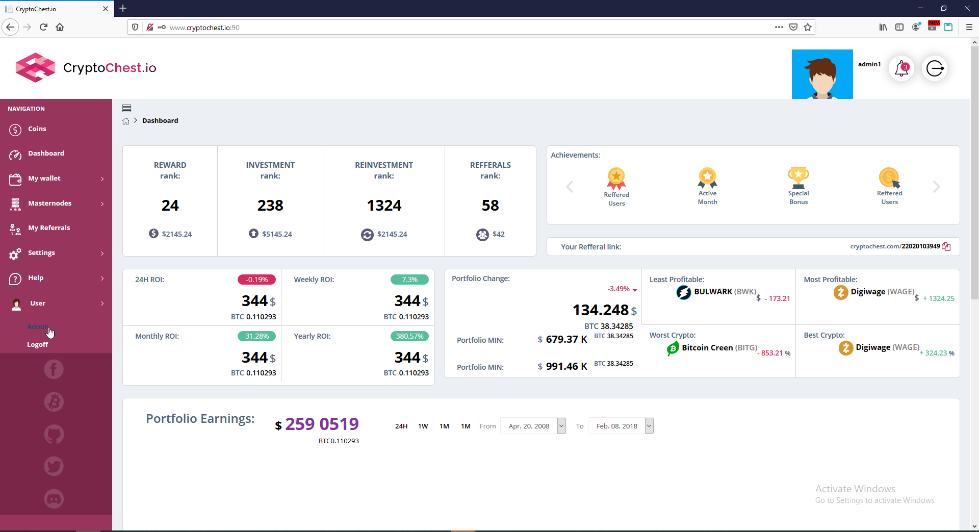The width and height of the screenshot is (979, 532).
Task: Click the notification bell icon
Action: [x=901, y=68]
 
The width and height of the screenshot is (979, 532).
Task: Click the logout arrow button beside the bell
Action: [x=935, y=68]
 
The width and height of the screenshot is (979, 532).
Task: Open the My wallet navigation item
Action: [x=44, y=179]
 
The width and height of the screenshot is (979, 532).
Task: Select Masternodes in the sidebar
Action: [x=49, y=204]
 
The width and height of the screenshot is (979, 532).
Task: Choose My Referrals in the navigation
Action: [x=49, y=228]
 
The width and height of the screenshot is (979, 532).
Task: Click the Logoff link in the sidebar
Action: [x=37, y=345]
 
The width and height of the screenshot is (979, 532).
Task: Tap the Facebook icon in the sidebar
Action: [x=54, y=369]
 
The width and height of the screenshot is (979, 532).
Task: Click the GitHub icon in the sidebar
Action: [x=54, y=435]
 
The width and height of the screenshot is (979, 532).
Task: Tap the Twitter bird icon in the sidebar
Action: [x=54, y=466]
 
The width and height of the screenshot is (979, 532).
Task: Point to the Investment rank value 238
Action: [x=270, y=206]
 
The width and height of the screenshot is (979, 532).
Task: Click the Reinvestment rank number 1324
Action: [x=384, y=206]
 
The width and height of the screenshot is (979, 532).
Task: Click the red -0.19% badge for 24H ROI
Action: [x=256, y=280]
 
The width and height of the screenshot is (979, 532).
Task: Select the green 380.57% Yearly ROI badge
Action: [x=409, y=336]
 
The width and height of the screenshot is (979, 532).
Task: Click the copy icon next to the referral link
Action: [x=946, y=247]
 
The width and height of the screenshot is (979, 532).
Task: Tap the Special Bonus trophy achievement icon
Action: [x=798, y=177]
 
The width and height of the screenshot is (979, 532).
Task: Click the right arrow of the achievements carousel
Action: [x=936, y=187]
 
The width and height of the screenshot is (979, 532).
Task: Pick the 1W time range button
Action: [x=423, y=426]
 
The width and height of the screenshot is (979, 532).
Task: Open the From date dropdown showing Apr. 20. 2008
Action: [x=533, y=426]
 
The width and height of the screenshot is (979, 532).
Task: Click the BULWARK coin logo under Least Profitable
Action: [x=683, y=292]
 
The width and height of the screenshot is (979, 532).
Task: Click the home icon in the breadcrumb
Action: [x=126, y=121]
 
